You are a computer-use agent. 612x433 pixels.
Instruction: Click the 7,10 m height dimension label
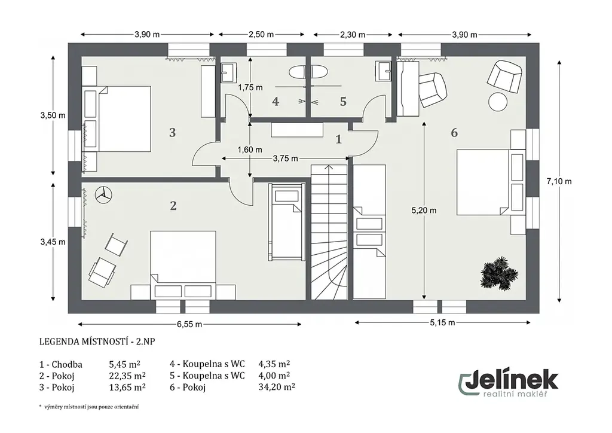pos(559,181)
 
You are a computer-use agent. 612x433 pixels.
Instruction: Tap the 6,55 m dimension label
pos(189,324)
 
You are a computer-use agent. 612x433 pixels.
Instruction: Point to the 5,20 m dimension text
pos(424,211)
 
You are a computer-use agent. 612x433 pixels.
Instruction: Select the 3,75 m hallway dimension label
pos(285,158)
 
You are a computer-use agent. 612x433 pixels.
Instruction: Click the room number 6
pos(454,133)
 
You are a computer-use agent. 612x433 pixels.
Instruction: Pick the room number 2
pos(173,205)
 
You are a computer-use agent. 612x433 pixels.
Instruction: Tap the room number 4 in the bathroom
pos(276,102)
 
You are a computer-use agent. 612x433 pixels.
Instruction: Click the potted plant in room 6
pos(499,273)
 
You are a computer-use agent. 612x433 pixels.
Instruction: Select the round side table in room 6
pos(498,102)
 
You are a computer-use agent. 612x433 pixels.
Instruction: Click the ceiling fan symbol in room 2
pos(103,194)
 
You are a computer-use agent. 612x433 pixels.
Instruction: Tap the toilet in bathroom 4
pos(297,72)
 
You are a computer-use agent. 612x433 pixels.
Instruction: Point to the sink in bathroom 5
pos(383,71)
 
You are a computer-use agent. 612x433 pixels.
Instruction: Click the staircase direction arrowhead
pos(329,167)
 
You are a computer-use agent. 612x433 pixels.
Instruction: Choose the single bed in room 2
pos(286,222)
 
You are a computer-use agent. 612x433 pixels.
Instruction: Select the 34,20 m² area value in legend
pos(277,387)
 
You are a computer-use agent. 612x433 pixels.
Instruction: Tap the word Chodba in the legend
pos(67,365)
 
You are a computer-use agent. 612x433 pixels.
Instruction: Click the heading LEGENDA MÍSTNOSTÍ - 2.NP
pos(97,341)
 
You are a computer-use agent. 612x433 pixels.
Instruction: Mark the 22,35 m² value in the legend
pos(127,376)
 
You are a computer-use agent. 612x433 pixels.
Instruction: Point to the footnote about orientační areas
pos(89,407)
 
